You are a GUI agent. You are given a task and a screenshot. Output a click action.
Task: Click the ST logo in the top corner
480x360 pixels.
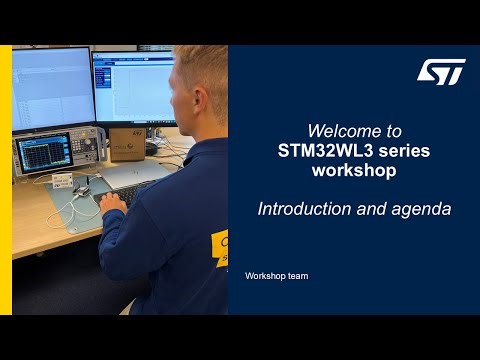coord(441,71)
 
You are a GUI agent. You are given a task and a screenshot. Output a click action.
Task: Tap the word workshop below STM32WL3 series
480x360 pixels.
coord(353,170)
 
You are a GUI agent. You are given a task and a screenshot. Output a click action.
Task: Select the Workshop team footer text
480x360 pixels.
coord(276,275)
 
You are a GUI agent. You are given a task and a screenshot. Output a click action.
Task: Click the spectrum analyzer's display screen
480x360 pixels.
coord(42,152)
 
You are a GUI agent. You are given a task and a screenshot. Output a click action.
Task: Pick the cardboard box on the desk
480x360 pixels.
coord(128,142)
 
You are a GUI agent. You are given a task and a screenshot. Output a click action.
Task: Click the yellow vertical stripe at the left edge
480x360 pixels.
coord(6,180)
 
